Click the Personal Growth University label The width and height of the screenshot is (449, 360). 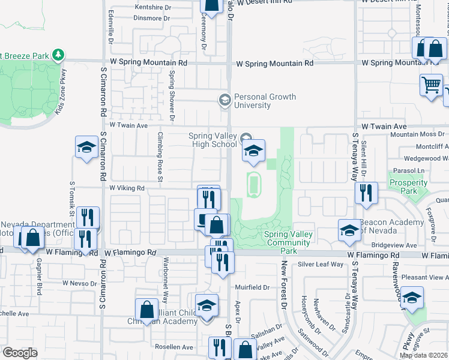(261, 101)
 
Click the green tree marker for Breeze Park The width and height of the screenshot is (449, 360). (58, 55)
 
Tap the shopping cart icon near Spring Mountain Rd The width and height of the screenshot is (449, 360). (430, 86)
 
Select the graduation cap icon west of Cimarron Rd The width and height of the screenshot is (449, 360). (86, 147)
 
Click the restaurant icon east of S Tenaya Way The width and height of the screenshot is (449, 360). (366, 193)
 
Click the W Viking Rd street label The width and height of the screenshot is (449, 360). (127, 188)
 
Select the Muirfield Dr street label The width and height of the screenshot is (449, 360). (252, 287)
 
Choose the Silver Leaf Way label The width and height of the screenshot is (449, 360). (320, 264)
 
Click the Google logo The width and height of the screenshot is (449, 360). (20, 353)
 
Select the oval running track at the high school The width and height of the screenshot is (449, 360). (255, 184)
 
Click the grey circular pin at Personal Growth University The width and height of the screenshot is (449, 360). (225, 100)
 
